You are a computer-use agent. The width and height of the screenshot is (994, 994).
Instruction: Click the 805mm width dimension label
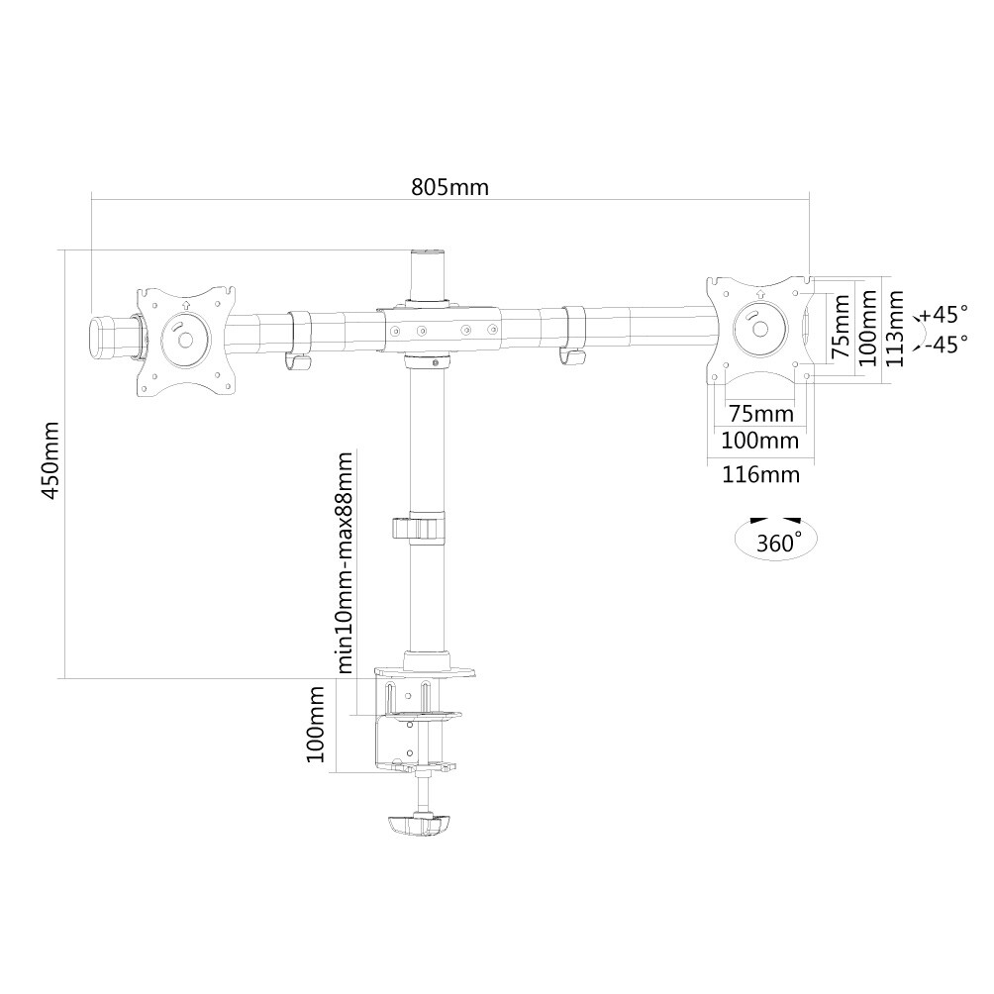point(450,188)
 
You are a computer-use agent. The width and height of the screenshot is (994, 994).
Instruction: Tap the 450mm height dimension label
point(50,459)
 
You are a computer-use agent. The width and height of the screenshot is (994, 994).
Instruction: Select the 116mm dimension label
point(760,474)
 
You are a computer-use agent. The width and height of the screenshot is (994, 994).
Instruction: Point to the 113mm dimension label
point(895,329)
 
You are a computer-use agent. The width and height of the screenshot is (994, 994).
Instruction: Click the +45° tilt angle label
point(944,313)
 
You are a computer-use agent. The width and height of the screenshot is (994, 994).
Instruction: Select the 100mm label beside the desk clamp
point(315,724)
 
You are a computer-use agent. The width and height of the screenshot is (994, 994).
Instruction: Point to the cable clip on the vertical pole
point(419,529)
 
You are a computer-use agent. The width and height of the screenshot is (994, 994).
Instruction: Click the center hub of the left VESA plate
point(185,340)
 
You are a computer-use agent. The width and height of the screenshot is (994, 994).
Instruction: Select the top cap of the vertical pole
point(428,252)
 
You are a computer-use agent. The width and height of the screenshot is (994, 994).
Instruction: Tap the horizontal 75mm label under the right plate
point(760,414)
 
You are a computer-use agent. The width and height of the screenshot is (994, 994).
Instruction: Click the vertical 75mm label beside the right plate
point(841,326)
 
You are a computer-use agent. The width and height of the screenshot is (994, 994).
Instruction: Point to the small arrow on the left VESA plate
point(185,305)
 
